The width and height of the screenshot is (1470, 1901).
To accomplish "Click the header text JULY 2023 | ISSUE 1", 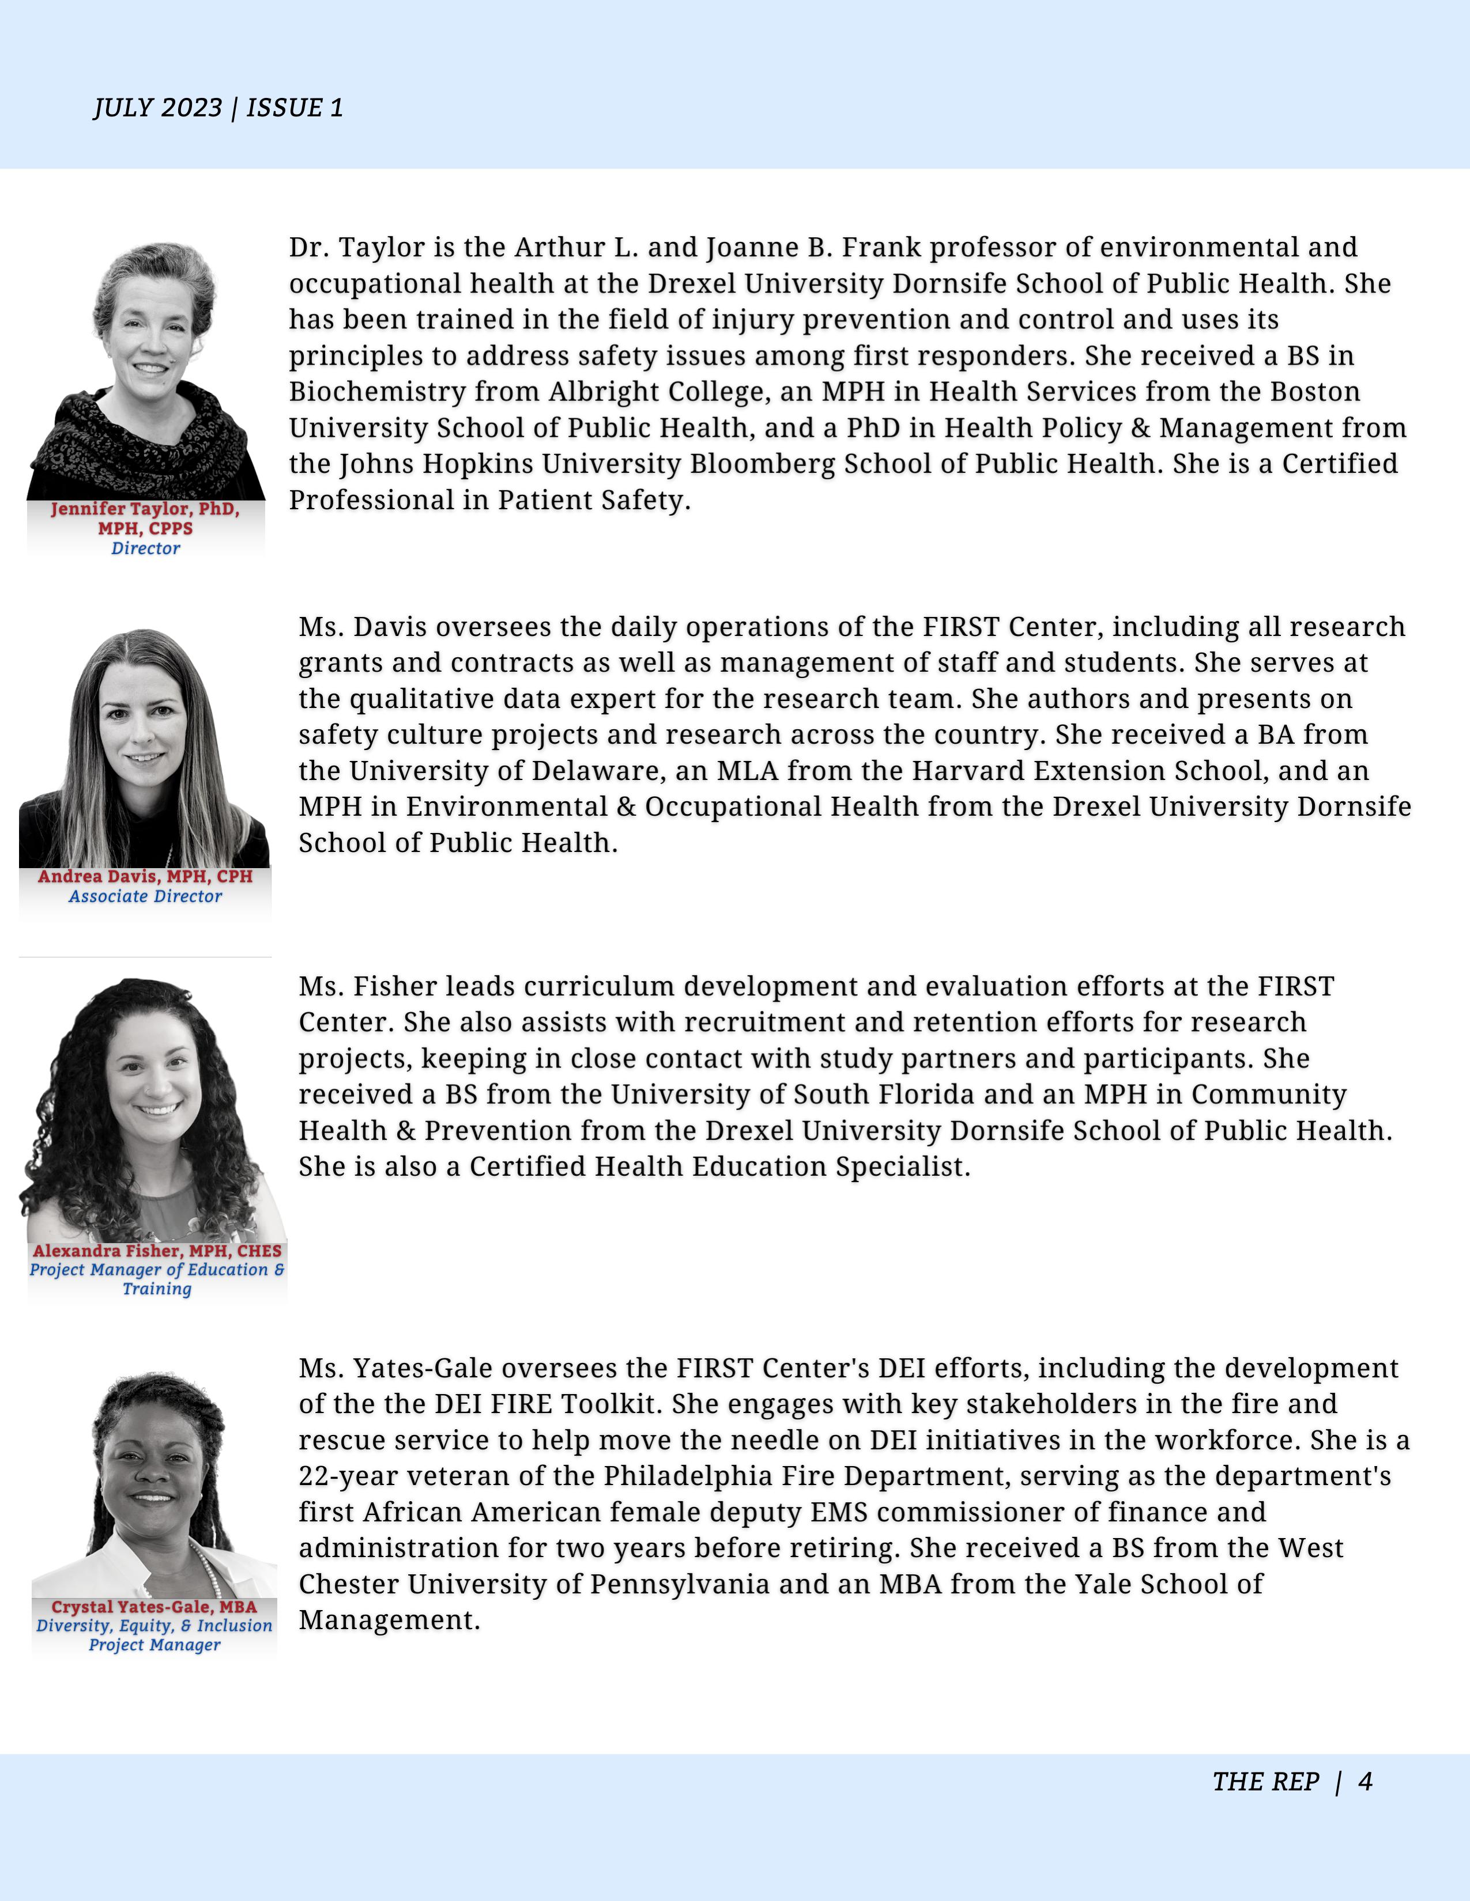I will [x=218, y=108].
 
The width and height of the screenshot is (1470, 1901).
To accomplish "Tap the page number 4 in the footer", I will [x=1365, y=1782].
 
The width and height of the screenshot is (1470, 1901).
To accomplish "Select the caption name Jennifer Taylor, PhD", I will [x=145, y=508].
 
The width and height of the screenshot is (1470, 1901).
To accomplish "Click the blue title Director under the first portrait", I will [x=145, y=548].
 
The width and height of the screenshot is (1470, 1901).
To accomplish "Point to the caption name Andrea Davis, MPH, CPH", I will [x=145, y=877].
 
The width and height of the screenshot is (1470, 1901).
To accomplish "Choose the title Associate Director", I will [x=145, y=896].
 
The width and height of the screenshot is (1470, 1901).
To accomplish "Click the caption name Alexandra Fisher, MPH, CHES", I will [x=157, y=1251].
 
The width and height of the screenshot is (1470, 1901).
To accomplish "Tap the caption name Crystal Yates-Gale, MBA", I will [x=154, y=1607].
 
